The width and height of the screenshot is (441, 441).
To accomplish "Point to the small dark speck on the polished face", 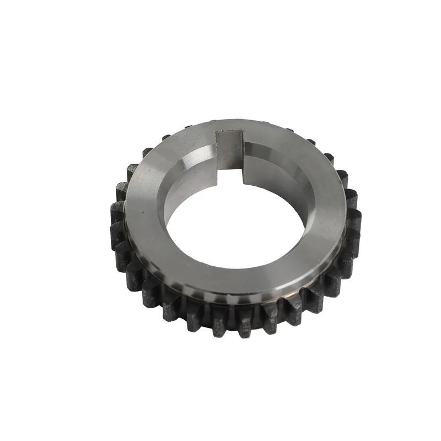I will click(144, 210).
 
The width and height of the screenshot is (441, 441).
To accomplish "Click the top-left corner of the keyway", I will click(216, 131).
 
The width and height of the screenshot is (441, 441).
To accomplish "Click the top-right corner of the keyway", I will click(243, 130).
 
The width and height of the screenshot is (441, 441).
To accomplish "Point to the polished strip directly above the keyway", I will click(229, 125).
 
